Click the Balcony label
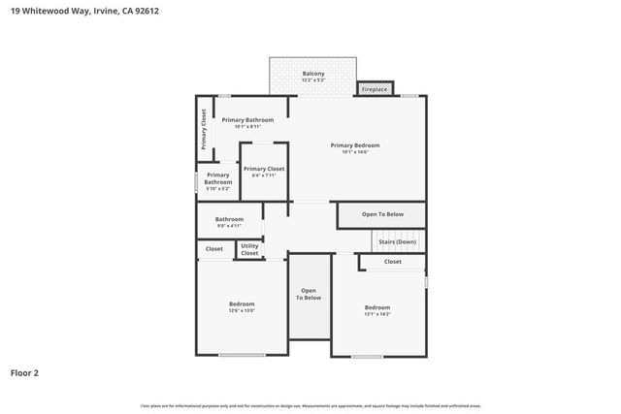click(312, 74)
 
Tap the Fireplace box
click(375, 89)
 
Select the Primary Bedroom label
click(360, 145)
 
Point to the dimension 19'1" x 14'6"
click(360, 152)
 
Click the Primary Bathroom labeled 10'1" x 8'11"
click(247, 120)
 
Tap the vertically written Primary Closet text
click(204, 128)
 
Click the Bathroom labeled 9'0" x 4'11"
click(229, 219)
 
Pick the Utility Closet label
click(249, 249)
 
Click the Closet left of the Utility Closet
click(214, 249)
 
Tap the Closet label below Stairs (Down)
click(392, 262)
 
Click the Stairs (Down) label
click(397, 241)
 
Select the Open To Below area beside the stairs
click(381, 214)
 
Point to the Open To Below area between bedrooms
click(309, 294)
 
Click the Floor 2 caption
click(24, 372)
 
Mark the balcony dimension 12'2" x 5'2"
click(312, 80)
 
